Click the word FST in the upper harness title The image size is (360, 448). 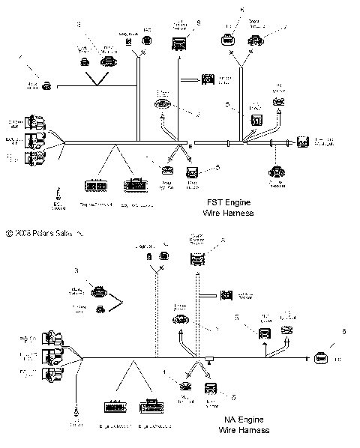tap(215, 202)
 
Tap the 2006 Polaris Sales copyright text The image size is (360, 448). tap(45, 234)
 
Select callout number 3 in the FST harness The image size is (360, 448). tap(78, 25)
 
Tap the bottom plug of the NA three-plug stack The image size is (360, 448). tap(52, 372)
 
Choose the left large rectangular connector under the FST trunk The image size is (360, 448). tap(94, 184)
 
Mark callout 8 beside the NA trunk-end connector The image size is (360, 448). tap(344, 330)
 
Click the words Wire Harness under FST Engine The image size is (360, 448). tap(231, 213)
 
